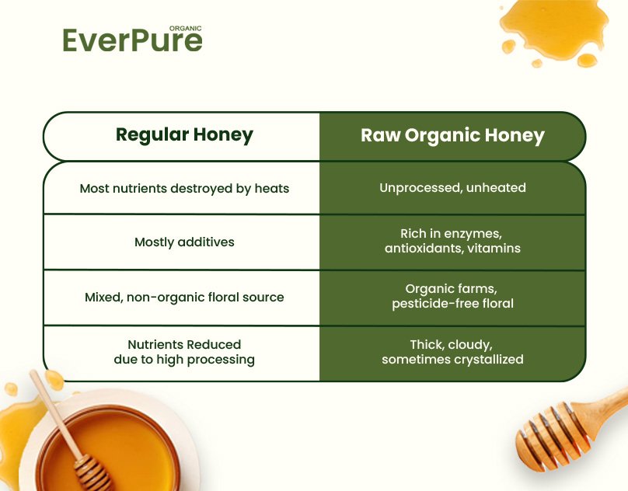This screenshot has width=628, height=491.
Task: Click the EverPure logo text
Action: [x=132, y=40]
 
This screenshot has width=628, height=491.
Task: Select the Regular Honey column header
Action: [x=184, y=135]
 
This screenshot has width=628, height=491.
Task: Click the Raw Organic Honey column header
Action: [x=452, y=135]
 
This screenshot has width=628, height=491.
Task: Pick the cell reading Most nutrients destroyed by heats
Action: [x=184, y=188]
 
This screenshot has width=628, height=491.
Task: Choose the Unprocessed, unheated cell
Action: [x=452, y=188]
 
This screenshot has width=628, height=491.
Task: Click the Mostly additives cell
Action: [x=184, y=242]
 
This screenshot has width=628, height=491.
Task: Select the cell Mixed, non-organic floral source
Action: [x=184, y=297]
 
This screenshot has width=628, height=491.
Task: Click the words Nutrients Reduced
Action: [x=184, y=344]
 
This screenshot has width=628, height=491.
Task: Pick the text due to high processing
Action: [x=184, y=359]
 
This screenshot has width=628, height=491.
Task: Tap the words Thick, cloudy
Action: [x=452, y=344]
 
